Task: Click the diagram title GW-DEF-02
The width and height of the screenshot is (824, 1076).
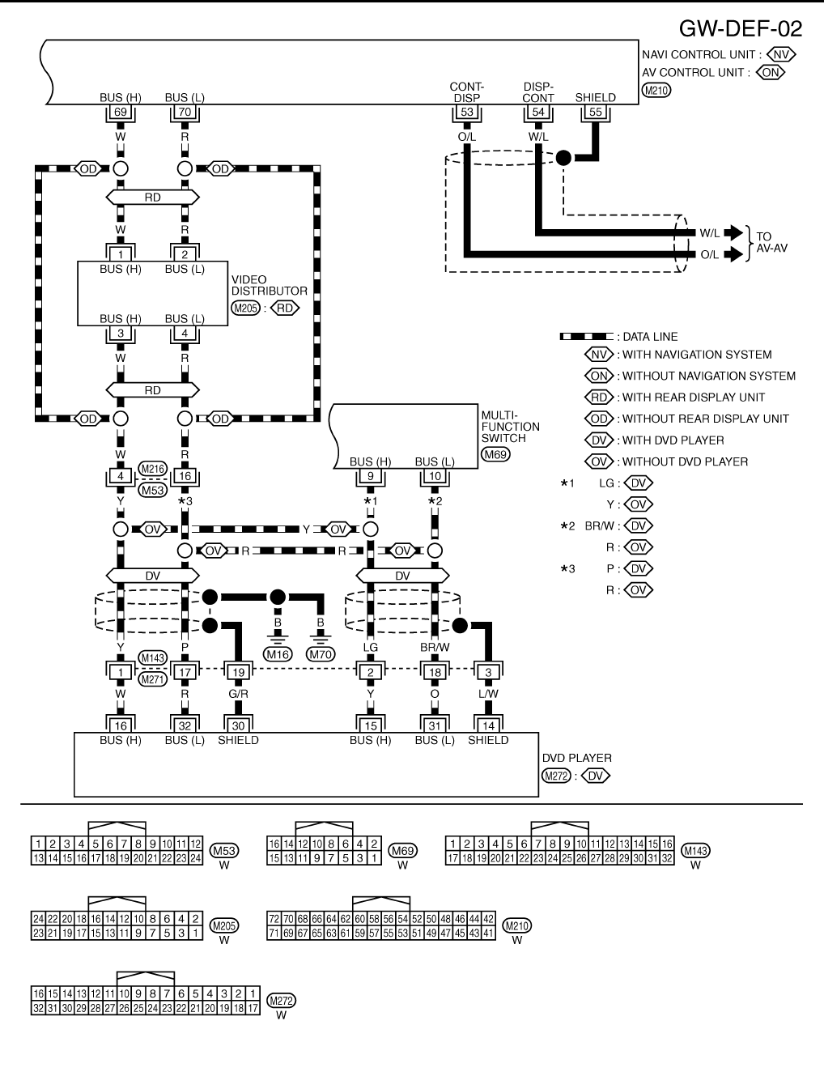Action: pyautogui.click(x=740, y=29)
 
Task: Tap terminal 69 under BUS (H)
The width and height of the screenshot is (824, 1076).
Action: pyautogui.click(x=120, y=113)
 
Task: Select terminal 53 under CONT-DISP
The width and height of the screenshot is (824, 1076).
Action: pyautogui.click(x=466, y=113)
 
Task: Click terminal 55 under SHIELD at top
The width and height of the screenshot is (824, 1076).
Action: pyautogui.click(x=596, y=113)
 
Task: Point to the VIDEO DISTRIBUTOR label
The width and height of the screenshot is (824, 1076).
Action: pyautogui.click(x=269, y=285)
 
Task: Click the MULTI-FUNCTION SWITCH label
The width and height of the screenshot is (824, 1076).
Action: pyautogui.click(x=510, y=427)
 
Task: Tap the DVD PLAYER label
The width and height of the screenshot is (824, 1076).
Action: pyautogui.click(x=576, y=758)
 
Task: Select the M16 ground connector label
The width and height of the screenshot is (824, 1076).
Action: pyautogui.click(x=278, y=654)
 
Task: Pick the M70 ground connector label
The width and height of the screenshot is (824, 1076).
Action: pyautogui.click(x=321, y=654)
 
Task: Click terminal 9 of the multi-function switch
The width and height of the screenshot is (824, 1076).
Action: pyautogui.click(x=370, y=476)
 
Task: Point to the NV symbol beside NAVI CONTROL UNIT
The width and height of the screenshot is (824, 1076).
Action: pyautogui.click(x=784, y=54)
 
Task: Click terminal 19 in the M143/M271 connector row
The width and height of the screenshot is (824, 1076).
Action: pyautogui.click(x=238, y=671)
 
